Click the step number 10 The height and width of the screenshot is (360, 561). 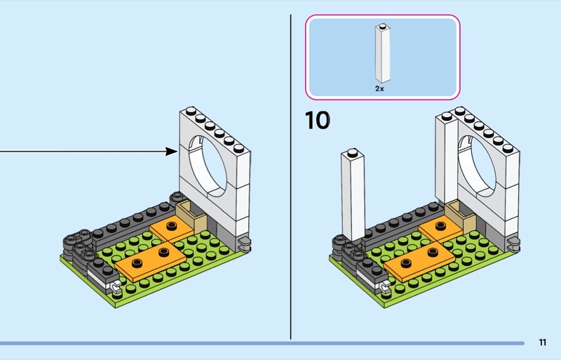click(318, 120)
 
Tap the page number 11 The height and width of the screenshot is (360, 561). click(542, 342)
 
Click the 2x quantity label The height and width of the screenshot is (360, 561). click(379, 89)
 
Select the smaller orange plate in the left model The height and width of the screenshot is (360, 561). click(171, 229)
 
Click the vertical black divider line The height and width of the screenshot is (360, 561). click(290, 175)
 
